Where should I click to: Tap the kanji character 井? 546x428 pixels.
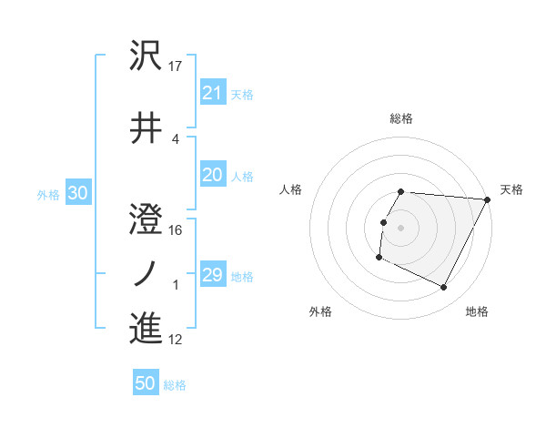tap(147, 127)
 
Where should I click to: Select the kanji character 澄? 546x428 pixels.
tap(147, 219)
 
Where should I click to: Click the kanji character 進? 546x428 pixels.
tap(147, 327)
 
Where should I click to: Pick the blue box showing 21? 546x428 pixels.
tap(213, 92)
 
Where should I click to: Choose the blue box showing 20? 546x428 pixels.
tap(213, 176)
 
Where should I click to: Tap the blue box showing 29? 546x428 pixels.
tap(213, 275)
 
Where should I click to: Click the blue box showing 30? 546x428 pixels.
tap(77, 193)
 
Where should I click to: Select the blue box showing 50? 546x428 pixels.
tap(146, 383)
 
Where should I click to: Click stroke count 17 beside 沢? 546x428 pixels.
tap(177, 66)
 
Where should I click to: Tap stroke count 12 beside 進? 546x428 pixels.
tap(177, 340)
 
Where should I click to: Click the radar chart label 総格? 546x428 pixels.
tap(401, 118)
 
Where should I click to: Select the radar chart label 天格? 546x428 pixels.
tap(512, 189)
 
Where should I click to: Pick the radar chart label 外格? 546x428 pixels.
tap(320, 311)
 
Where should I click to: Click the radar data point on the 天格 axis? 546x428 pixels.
tap(488, 199)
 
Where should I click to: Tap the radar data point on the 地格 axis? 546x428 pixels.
tap(444, 288)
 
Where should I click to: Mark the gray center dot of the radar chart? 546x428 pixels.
tap(401, 228)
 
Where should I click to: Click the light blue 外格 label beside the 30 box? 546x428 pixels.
tap(47, 194)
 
